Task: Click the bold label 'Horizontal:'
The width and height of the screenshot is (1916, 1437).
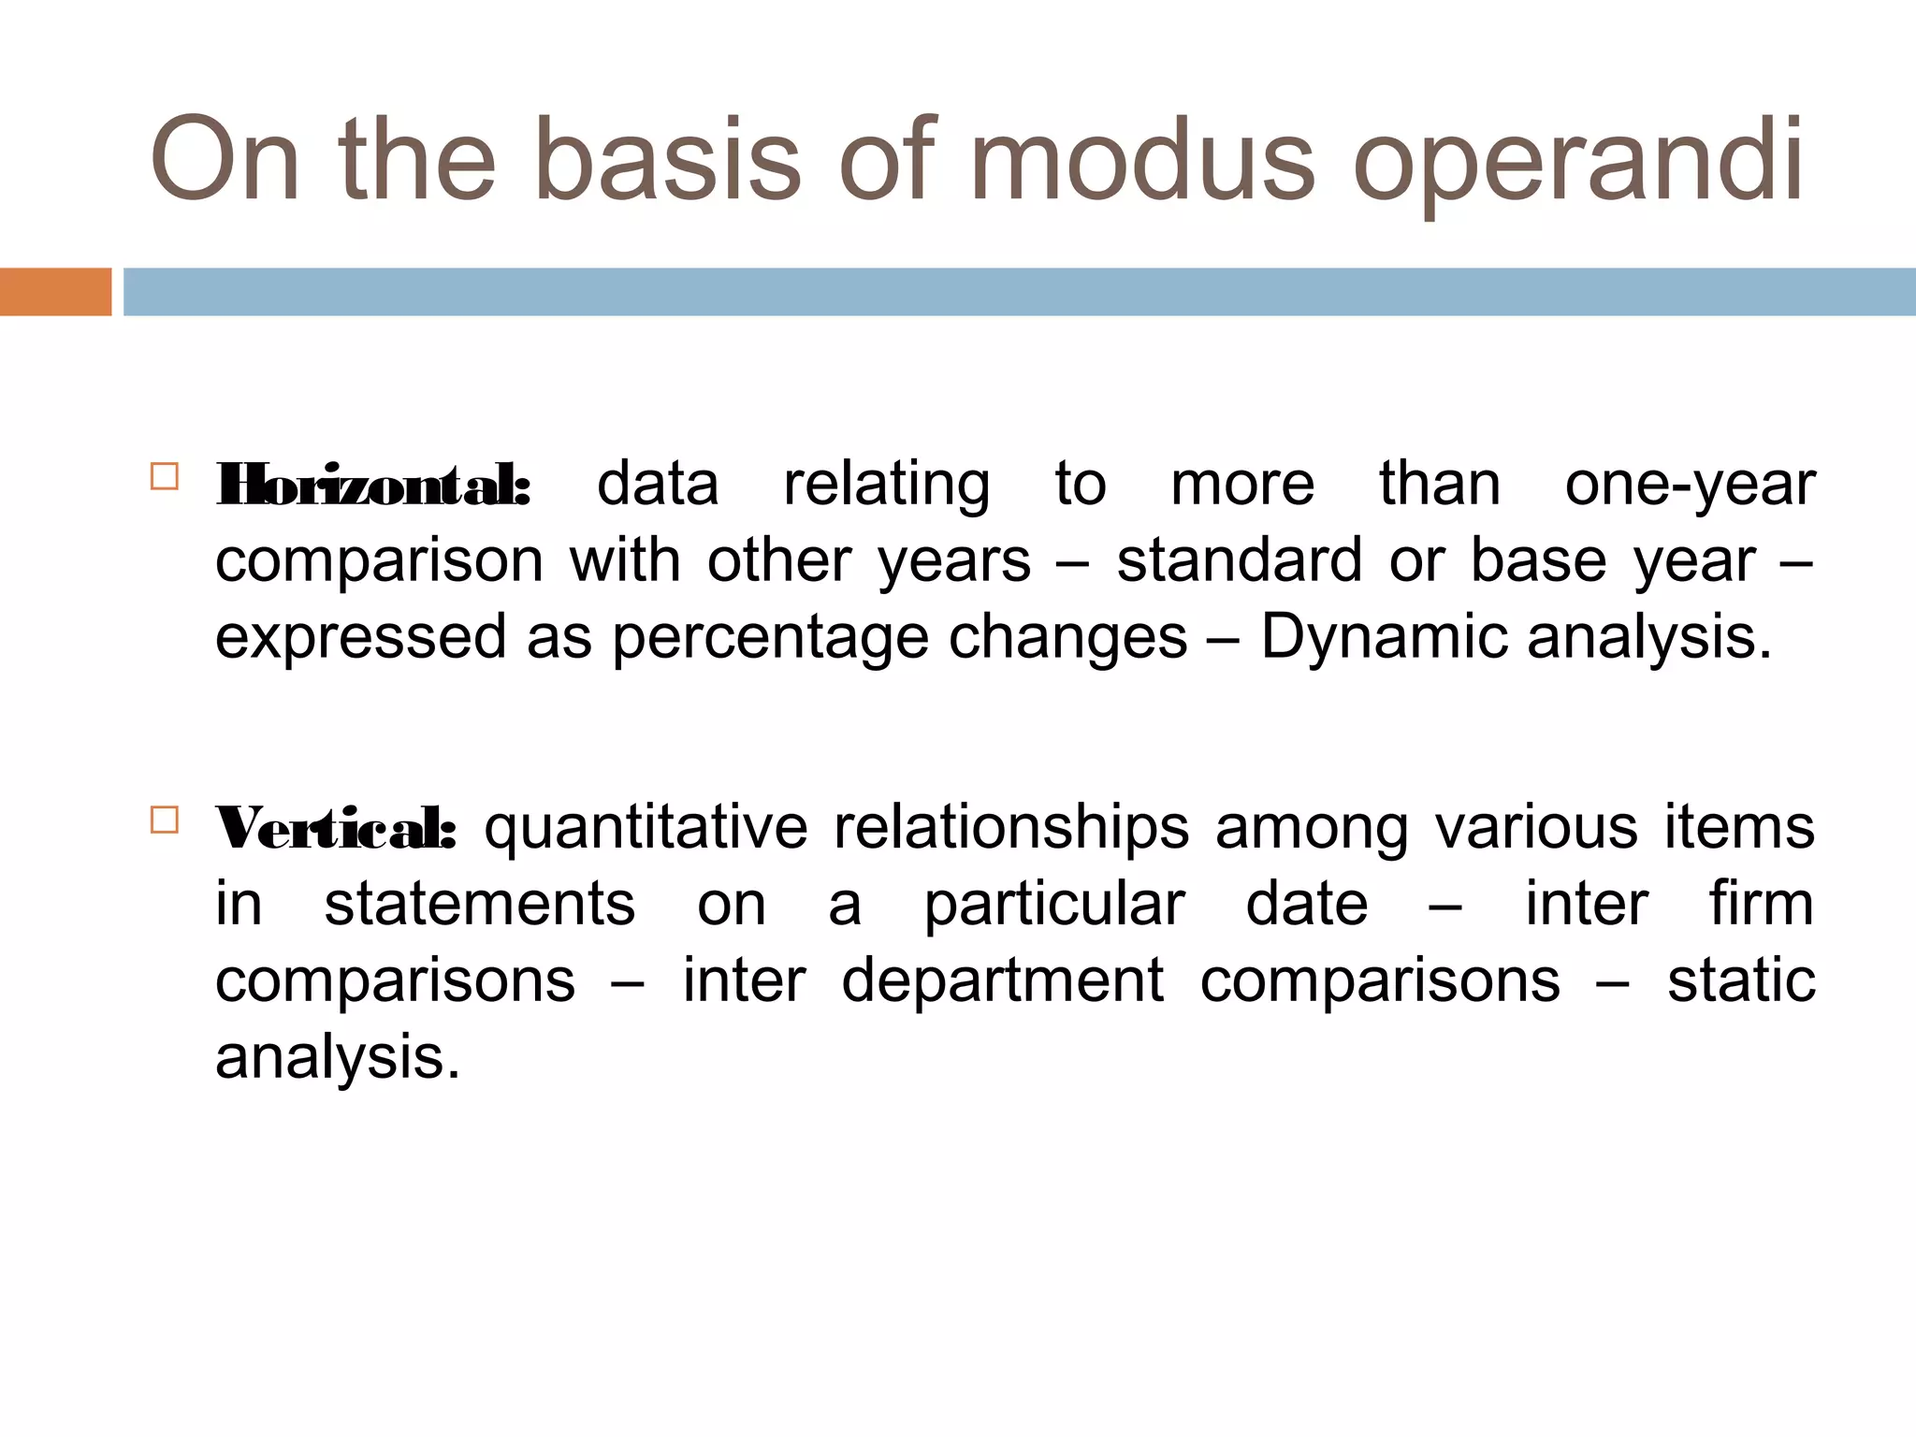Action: tap(373, 485)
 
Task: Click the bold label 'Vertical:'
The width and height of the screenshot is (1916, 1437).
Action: tap(336, 829)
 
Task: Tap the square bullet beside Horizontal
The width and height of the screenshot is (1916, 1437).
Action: tap(164, 476)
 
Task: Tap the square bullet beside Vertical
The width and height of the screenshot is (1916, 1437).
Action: tap(164, 820)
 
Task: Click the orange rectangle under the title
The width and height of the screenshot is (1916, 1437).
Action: tap(55, 292)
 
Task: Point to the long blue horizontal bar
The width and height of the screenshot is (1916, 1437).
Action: tap(1019, 292)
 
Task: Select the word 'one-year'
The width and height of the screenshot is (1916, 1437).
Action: tap(1690, 486)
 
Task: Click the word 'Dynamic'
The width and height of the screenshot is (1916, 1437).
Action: tap(1384, 638)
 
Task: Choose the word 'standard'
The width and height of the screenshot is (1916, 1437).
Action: tap(1240, 561)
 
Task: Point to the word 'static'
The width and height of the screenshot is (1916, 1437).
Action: tap(1741, 982)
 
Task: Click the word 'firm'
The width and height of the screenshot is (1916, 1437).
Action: tap(1762, 906)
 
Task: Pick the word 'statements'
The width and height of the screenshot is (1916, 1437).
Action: tap(479, 906)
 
